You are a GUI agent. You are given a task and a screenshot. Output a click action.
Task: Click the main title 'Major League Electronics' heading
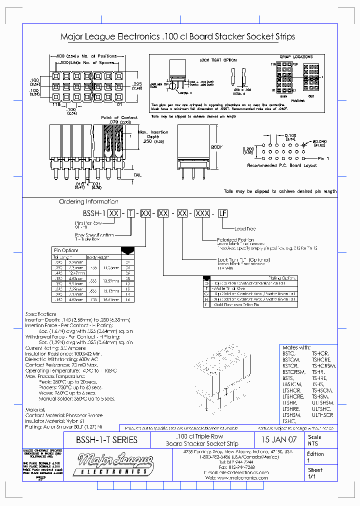177,37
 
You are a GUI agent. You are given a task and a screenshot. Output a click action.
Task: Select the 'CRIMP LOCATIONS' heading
295,57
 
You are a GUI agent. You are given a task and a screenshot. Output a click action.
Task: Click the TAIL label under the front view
137,175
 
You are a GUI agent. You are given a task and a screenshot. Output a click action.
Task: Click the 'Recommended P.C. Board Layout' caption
282,165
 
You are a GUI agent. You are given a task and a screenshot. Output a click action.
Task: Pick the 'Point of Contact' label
116,117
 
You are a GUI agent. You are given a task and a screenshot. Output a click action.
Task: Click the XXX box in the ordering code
202,213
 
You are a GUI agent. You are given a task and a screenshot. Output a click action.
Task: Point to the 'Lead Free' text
245,228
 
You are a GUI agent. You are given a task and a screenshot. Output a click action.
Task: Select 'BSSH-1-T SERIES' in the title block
106,440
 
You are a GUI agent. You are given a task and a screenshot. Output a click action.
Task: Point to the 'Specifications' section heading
41,314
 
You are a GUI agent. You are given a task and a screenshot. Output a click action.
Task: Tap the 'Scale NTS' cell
315,440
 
